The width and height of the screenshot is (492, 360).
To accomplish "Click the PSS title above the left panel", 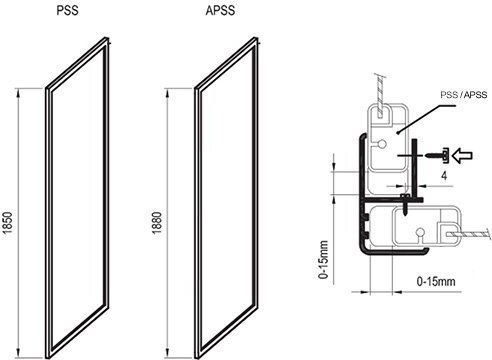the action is pos(68,10).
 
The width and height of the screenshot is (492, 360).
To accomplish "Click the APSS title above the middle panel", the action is pos(220,10).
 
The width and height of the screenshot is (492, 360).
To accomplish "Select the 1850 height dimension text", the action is pos(7,223).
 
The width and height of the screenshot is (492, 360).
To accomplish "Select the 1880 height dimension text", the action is pos(157,223).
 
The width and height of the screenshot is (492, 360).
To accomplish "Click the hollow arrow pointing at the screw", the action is pos(463,156).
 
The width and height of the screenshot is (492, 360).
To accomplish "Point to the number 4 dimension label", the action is pos(444,176).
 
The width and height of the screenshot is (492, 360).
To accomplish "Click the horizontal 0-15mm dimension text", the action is pos(436,281).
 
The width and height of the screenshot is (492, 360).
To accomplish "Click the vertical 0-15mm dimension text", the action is pos(324,260).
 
